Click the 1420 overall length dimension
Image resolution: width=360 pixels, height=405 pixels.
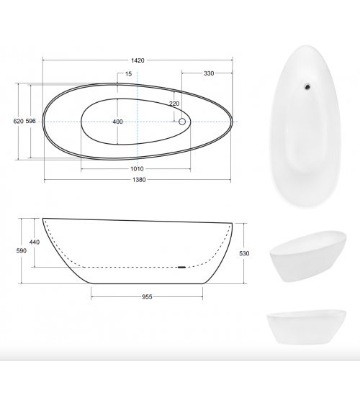tap(138, 60)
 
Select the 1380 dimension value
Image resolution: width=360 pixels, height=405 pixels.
tap(139, 180)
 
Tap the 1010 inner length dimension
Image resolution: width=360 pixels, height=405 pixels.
tap(137, 169)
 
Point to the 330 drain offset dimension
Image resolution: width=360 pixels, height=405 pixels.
tap(209, 73)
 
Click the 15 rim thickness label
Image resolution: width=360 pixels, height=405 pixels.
tap(128, 74)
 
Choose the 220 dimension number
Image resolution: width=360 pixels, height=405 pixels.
tap(174, 104)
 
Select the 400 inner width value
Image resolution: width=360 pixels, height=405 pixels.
tap(117, 122)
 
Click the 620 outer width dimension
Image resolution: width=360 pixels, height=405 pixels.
tap(18, 121)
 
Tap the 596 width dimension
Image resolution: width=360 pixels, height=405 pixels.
tap(30, 121)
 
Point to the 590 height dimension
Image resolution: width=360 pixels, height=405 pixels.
tap(21, 250)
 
